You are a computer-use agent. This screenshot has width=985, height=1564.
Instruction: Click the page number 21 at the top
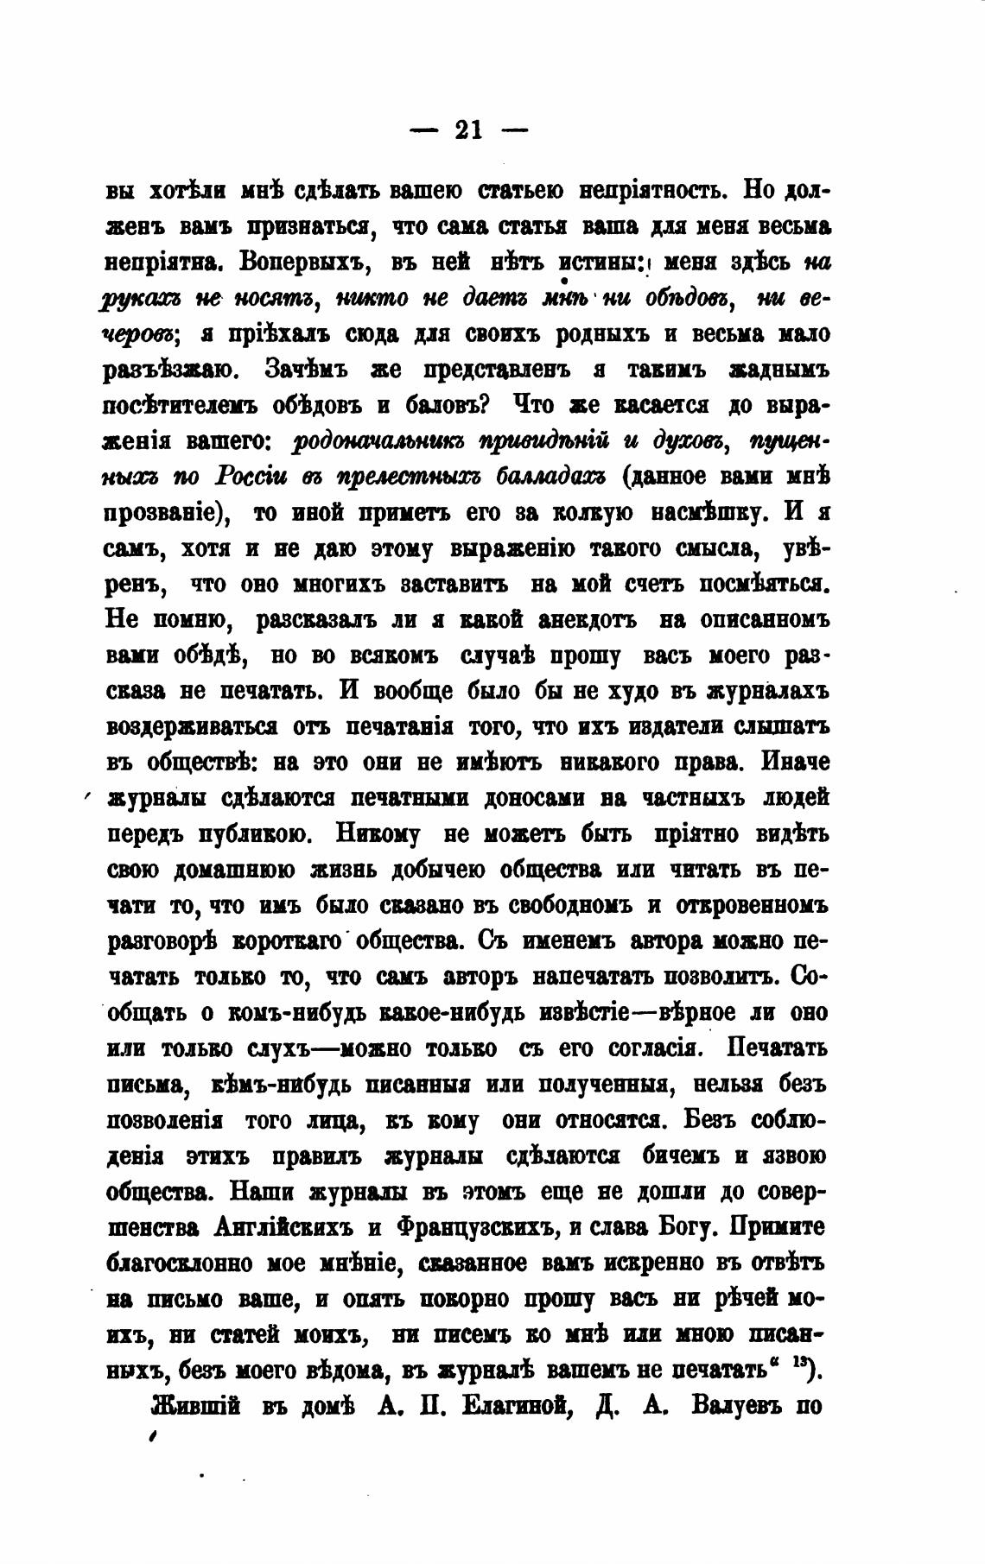click(468, 130)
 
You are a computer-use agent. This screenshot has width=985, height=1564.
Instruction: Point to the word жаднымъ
click(779, 370)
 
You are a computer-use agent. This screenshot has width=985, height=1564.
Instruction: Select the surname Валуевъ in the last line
click(737, 1406)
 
